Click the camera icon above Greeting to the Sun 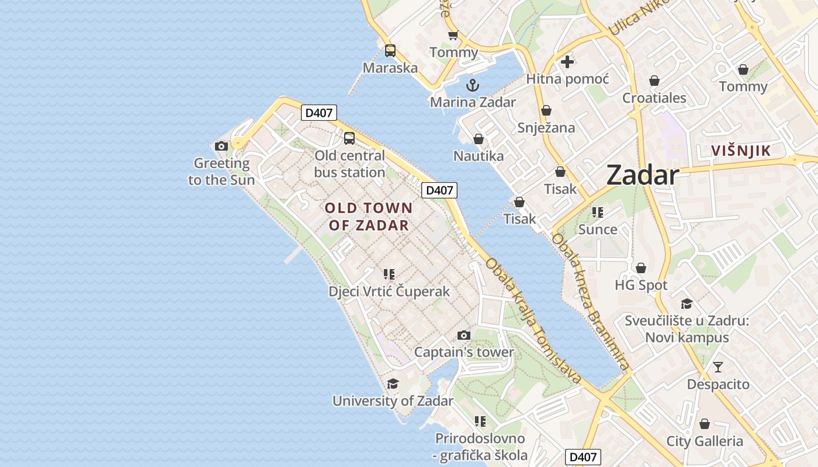221,146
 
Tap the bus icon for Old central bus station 349,138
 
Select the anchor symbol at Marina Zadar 473,85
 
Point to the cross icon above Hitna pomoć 567,62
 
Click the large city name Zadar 642,175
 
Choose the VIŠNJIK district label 741,151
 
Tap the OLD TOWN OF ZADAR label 369,216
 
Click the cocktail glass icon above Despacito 718,367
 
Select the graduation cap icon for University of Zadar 393,384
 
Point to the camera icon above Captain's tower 464,335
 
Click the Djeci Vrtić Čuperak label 389,291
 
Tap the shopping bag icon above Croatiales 654,81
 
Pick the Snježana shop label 546,128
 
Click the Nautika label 479,156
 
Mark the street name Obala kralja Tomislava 533,321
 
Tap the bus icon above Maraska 390,51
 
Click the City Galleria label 705,441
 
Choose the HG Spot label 641,285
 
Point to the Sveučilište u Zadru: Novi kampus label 687,329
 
